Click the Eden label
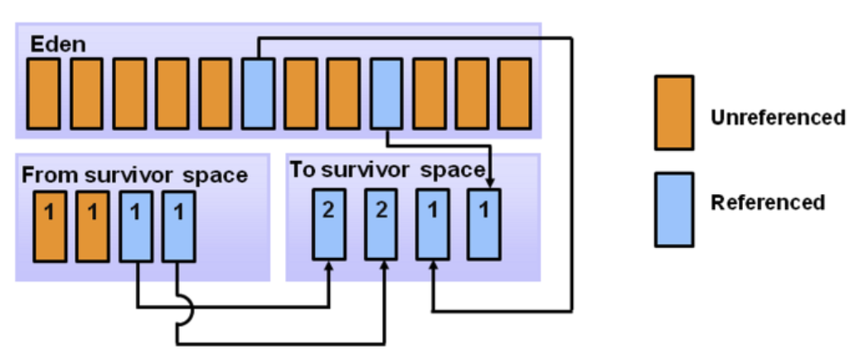pos(58,43)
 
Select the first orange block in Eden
pos(42,94)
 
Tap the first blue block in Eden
pos(258,94)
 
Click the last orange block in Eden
pos(515,94)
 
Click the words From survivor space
pos(134,175)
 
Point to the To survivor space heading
pos(386,170)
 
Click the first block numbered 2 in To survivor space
pos(328,223)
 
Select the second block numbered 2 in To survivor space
pos(381,223)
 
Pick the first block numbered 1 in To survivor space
pos(432,223)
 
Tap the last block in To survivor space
pos(484,223)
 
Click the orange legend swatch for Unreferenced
pos(673,113)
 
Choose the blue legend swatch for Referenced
pos(673,210)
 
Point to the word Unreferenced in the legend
pos(777,117)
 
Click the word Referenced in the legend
pos(768,202)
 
